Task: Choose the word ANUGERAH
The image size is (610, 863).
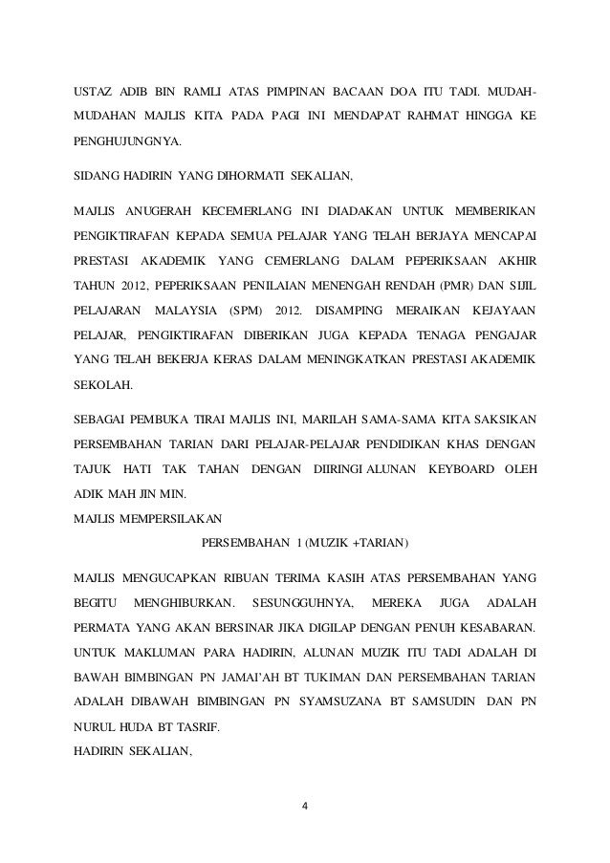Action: (163, 207)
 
